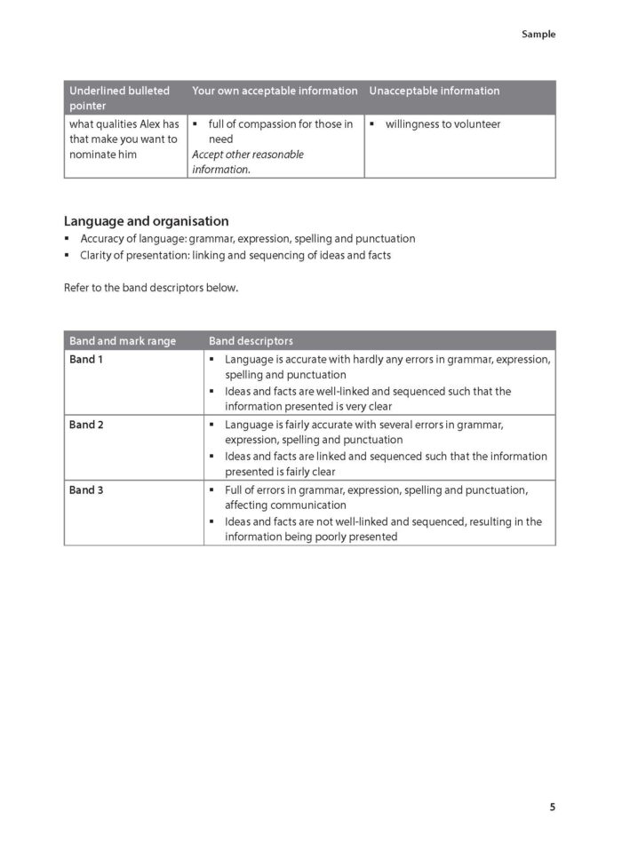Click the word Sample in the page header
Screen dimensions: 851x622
[538, 35]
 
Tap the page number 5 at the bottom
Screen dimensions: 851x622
[552, 807]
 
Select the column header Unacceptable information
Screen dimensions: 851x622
[434, 91]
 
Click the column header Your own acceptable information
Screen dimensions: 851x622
[275, 91]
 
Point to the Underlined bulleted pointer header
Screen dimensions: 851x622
[119, 98]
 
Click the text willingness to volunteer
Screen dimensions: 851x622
[443, 124]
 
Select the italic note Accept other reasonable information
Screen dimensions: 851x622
[248, 162]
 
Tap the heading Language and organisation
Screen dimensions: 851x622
[146, 221]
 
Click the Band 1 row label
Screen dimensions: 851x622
[86, 359]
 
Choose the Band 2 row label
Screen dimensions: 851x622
[86, 425]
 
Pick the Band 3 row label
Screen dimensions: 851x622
[86, 490]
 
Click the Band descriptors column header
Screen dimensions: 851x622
[251, 341]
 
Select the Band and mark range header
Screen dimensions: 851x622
[123, 341]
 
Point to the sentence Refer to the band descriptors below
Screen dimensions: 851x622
[151, 288]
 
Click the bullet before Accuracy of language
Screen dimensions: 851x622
[68, 239]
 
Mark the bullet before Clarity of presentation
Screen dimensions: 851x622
[68, 256]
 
